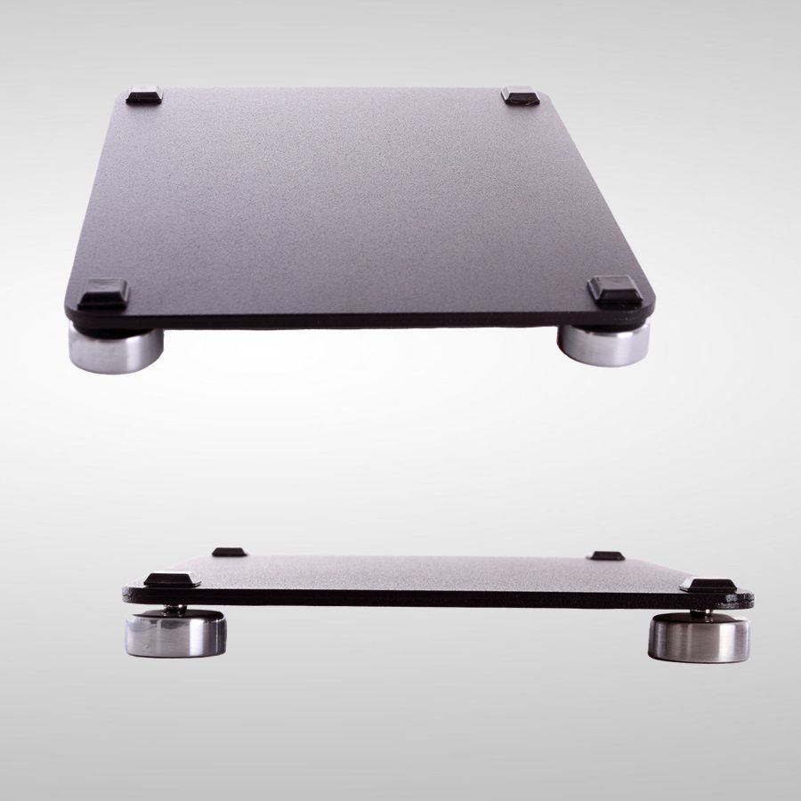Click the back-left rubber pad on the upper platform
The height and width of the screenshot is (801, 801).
point(144,95)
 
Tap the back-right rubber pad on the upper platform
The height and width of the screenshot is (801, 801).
point(520,94)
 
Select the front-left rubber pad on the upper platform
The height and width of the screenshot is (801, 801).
point(103,293)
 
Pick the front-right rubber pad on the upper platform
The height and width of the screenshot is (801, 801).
point(615,291)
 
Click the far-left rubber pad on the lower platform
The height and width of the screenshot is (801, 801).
point(229,552)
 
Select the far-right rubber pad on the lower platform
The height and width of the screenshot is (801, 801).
point(606,555)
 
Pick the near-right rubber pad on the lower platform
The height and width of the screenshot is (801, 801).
point(708,585)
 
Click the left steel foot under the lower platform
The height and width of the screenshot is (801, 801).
point(175,635)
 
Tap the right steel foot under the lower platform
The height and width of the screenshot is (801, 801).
point(699,638)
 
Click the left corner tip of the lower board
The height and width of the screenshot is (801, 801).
point(126,590)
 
